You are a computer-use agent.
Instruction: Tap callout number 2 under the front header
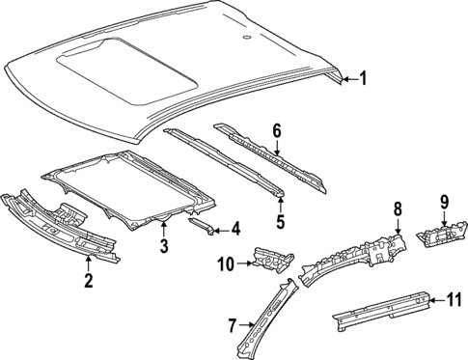click(88, 281)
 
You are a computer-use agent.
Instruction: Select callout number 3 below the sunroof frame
click(164, 248)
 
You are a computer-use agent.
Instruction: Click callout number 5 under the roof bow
click(280, 221)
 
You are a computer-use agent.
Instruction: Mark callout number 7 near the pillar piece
click(232, 325)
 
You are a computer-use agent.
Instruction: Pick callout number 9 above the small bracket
click(445, 202)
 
